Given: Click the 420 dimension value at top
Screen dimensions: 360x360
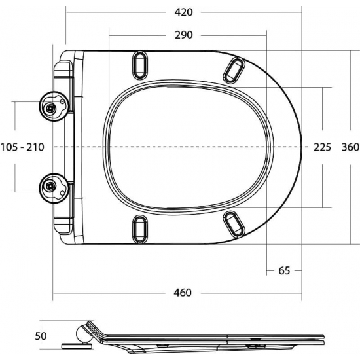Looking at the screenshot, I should (x=184, y=12).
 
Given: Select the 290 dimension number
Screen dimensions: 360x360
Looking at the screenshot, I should (x=184, y=35).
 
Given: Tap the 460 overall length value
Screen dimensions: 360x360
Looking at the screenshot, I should (x=184, y=293).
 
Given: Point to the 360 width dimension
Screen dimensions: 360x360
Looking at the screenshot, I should (x=350, y=147).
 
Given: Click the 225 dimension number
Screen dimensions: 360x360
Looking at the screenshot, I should (x=323, y=147).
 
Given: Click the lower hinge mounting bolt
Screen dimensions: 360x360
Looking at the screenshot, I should (x=50, y=187).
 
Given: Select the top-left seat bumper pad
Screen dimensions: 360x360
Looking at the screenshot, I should (x=139, y=64).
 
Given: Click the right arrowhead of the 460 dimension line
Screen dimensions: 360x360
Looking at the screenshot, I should (x=300, y=293).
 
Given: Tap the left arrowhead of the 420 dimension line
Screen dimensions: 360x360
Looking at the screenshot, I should (x=67, y=12).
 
